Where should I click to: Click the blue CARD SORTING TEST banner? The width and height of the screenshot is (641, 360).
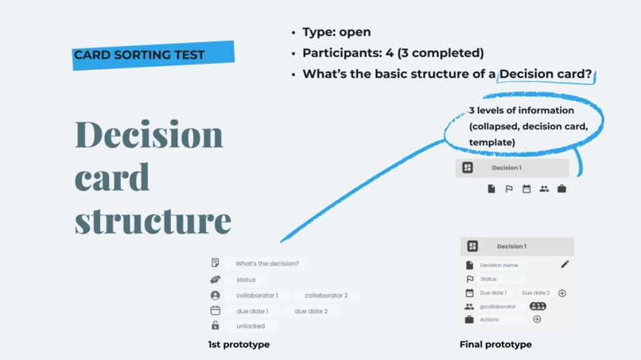point(153,55)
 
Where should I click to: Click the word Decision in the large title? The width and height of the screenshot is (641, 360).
point(149,135)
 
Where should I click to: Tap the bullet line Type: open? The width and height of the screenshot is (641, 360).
point(336,33)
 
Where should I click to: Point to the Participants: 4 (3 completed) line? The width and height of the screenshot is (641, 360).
point(393,53)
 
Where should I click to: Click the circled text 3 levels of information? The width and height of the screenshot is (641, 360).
point(520,110)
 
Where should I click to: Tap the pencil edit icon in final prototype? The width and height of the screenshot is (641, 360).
point(565,264)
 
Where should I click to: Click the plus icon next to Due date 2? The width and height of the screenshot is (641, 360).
point(562,293)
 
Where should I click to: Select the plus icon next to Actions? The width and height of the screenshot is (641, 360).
point(537,319)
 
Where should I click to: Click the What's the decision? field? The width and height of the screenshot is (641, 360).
point(267,264)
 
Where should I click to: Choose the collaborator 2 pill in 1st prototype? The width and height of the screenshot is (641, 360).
point(326,296)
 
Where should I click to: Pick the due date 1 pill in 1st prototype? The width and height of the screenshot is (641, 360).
point(252,312)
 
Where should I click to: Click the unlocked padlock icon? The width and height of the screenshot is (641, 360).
point(215,326)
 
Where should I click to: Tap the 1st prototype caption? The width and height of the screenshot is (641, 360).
point(239,345)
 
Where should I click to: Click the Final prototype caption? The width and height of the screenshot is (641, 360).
point(495,345)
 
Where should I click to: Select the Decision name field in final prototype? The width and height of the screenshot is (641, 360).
point(499,265)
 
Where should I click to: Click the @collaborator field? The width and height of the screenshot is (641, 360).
point(498,307)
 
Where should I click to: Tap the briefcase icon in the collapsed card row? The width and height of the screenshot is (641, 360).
point(561,189)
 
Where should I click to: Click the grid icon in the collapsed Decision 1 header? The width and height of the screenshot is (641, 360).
point(468,168)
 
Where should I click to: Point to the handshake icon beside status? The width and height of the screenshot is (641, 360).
point(215,280)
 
